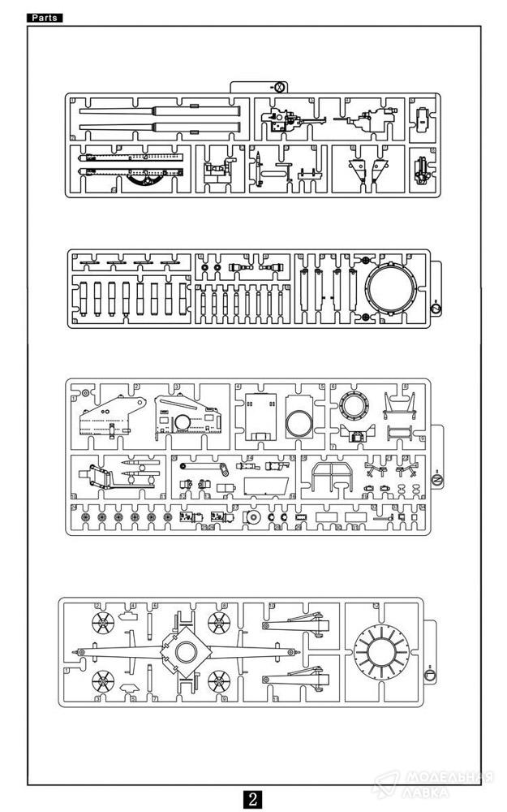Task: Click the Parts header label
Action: tap(45, 18)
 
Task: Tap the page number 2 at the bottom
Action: tap(253, 798)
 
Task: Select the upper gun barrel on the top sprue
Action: tap(162, 111)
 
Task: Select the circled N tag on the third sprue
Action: tap(436, 482)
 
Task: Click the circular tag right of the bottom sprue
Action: tap(430, 674)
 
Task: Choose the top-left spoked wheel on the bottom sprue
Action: tap(105, 624)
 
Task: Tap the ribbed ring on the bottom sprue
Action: tap(384, 652)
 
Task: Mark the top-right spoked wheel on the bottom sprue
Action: tap(219, 624)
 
